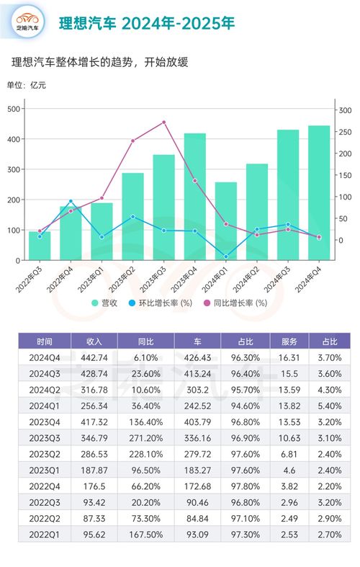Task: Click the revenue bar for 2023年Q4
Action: point(194,197)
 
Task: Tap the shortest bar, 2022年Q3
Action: point(40,246)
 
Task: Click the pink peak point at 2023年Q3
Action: point(163,122)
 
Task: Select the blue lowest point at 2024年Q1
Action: point(225,256)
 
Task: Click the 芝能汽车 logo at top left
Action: point(30,22)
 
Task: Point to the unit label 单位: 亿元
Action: point(26,86)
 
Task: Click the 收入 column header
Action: point(94,341)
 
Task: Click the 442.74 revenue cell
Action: point(94,357)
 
